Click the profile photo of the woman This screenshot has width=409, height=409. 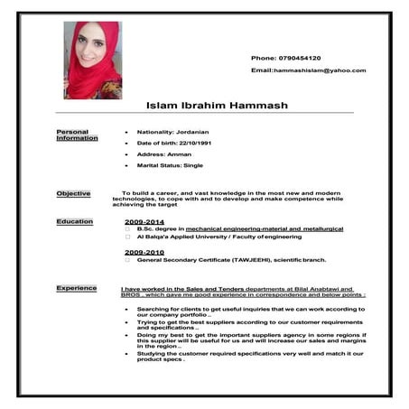click(x=92, y=60)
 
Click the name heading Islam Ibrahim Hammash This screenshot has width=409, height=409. click(x=217, y=106)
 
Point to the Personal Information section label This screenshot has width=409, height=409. click(x=77, y=135)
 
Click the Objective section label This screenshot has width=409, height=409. click(x=73, y=193)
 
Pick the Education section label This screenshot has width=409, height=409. click(x=74, y=221)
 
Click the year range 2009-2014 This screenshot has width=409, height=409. click(x=144, y=221)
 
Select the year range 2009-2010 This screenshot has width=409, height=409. click(x=144, y=252)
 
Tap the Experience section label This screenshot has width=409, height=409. click(x=77, y=288)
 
